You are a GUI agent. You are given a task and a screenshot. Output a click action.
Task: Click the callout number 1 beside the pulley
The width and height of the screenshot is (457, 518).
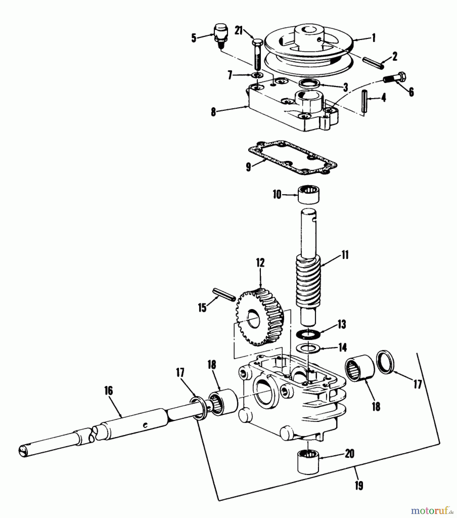coord(374,38)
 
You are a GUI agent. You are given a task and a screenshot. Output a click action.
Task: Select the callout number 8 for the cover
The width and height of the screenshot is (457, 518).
coord(213,112)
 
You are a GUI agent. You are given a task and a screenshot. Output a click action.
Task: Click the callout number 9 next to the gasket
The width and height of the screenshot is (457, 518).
coord(248,167)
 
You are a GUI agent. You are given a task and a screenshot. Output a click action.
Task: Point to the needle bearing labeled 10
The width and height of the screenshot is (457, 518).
coord(309,194)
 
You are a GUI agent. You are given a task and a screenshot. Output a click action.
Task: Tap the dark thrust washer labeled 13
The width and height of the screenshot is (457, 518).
coord(307,335)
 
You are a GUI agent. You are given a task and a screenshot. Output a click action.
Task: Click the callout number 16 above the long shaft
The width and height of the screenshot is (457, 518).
coord(109,391)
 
